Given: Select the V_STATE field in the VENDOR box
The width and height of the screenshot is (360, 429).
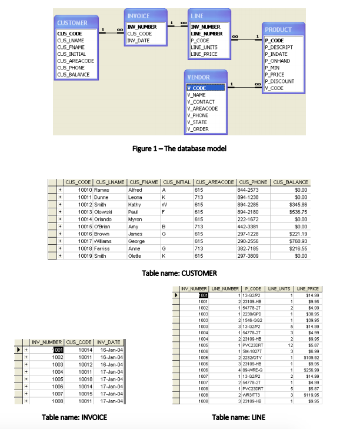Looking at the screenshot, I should pyautogui.click(x=196, y=122).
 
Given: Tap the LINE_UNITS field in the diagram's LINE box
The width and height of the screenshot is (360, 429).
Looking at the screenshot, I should pyautogui.click(x=204, y=47).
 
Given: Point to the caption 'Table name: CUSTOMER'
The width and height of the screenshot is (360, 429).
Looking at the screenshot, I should pyautogui.click(x=180, y=273).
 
